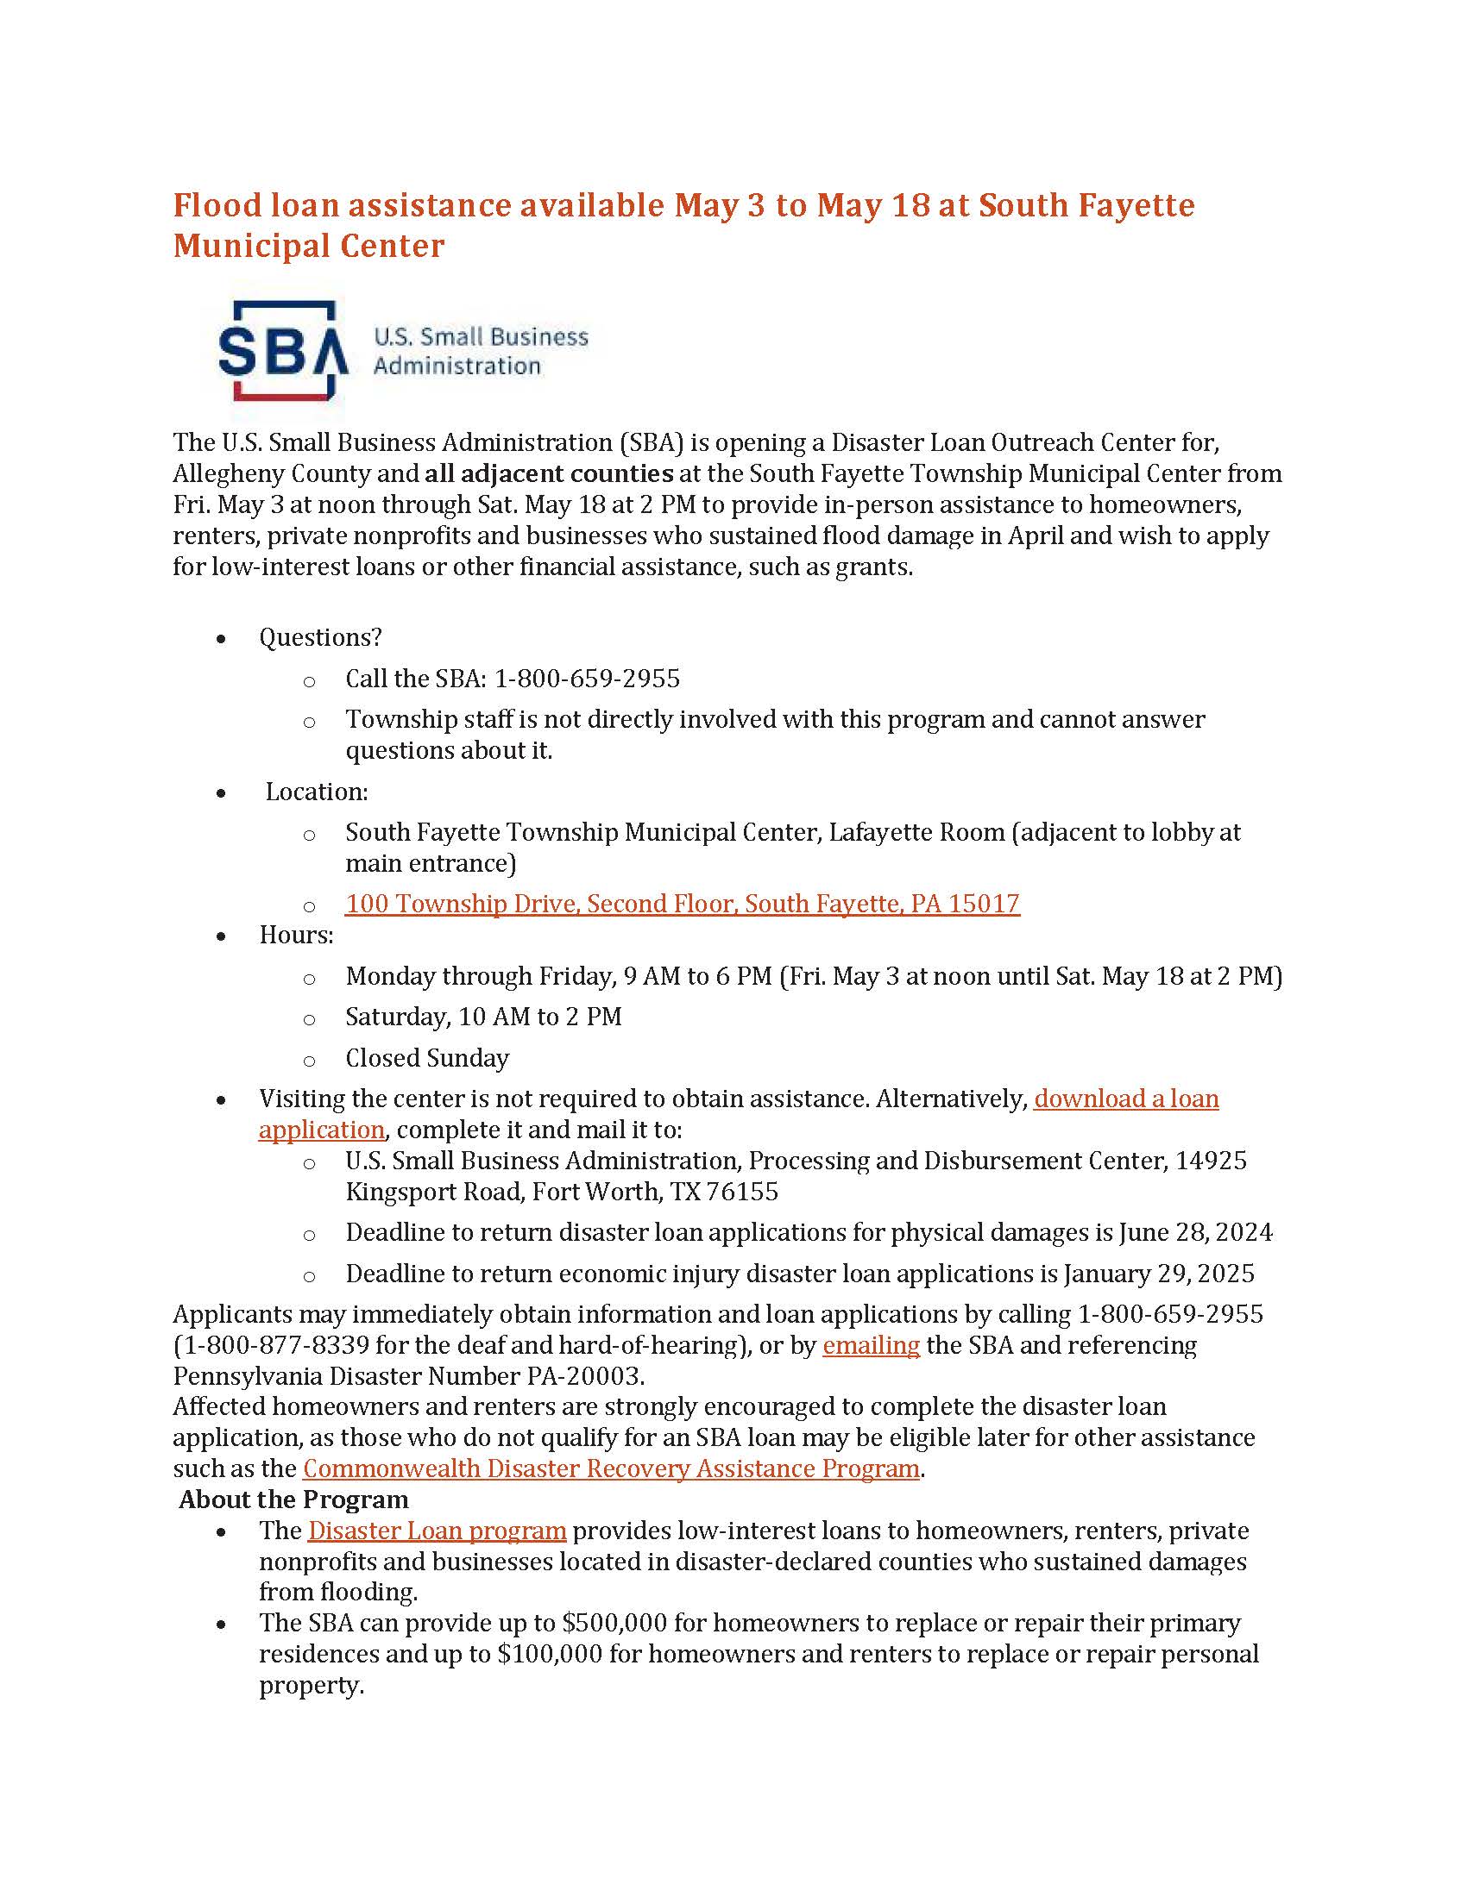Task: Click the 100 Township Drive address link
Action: pos(683,904)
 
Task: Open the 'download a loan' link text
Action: pos(1126,1099)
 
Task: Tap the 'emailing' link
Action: pos(871,1345)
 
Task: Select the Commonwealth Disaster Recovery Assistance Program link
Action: pos(611,1468)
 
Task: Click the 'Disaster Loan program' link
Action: pos(438,1531)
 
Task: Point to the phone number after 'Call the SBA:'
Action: pos(588,679)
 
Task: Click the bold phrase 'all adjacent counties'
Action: pos(549,473)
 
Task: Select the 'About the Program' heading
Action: pos(293,1500)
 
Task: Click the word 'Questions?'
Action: pos(321,637)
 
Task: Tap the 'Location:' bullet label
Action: pos(317,792)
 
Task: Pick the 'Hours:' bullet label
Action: pos(296,935)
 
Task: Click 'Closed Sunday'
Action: pos(427,1058)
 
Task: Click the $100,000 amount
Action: pos(551,1654)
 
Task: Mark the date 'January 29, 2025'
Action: pos(1159,1274)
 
